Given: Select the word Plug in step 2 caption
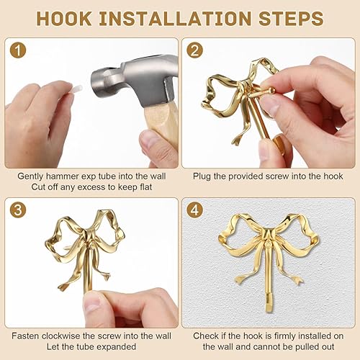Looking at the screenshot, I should (x=202, y=175).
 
